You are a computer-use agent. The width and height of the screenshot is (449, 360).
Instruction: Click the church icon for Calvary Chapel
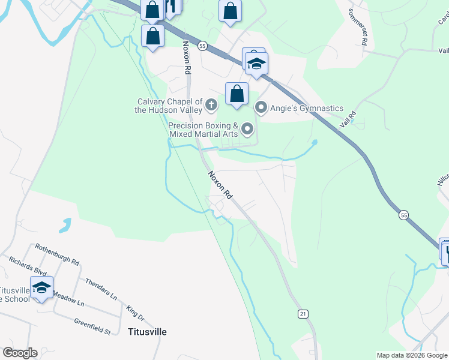[x=211, y=106]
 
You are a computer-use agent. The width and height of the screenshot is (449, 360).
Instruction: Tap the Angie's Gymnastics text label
[x=306, y=109]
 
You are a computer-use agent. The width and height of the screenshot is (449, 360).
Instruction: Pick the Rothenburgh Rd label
[x=57, y=254]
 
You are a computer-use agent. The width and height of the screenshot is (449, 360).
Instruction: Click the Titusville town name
[x=147, y=332]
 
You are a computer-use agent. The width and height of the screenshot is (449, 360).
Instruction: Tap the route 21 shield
[x=302, y=314]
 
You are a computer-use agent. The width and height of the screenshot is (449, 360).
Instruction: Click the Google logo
[x=19, y=353]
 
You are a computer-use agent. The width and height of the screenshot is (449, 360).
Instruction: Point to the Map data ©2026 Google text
[x=412, y=355]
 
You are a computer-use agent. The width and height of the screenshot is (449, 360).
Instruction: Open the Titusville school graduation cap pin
[x=41, y=288]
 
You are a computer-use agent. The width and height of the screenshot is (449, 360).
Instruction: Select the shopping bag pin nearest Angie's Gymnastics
[x=237, y=94]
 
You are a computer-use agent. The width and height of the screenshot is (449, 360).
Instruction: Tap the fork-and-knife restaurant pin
[x=172, y=7]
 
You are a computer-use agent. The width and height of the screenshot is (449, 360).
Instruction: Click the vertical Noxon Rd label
[x=187, y=58]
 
